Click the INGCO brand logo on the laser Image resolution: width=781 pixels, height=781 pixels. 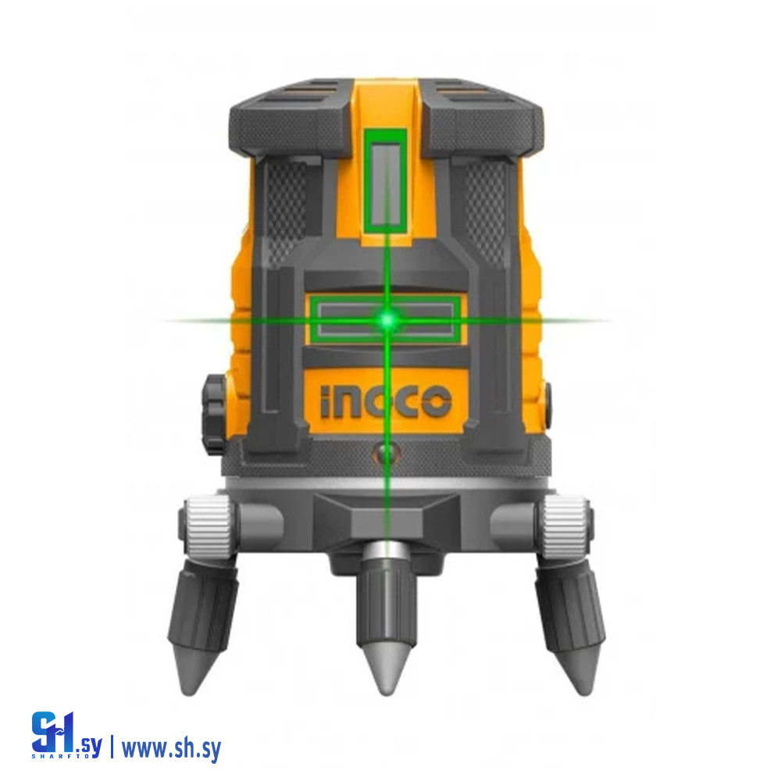[386, 401]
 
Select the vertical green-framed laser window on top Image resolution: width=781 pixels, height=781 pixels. [385, 182]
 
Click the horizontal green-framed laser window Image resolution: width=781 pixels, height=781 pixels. [386, 319]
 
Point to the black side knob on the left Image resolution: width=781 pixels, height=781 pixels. [214, 415]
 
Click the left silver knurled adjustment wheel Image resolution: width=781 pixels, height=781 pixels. [209, 526]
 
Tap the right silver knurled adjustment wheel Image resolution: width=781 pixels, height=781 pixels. [565, 526]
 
